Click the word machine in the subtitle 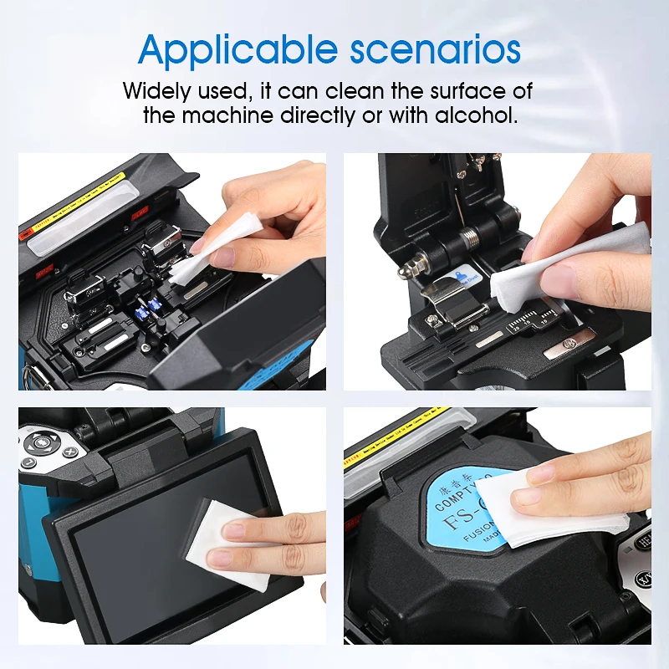coord(223,115)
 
